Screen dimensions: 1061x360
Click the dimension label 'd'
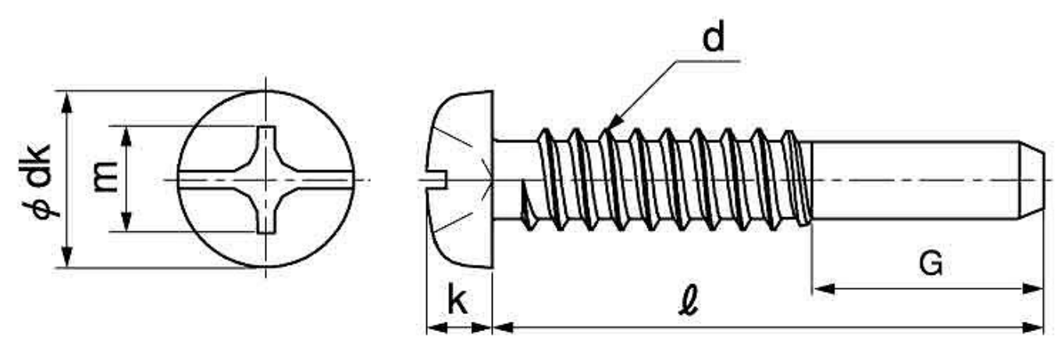tap(714, 37)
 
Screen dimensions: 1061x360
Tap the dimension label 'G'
tap(931, 263)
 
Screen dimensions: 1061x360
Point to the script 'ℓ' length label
tap(689, 301)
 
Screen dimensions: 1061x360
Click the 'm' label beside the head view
tap(105, 177)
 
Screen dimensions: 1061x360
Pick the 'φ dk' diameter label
tap(37, 180)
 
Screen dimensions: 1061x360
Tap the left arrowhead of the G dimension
tap(823, 288)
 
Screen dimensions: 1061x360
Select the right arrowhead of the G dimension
tap(1033, 288)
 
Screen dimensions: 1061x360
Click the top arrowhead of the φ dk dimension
tap(67, 102)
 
